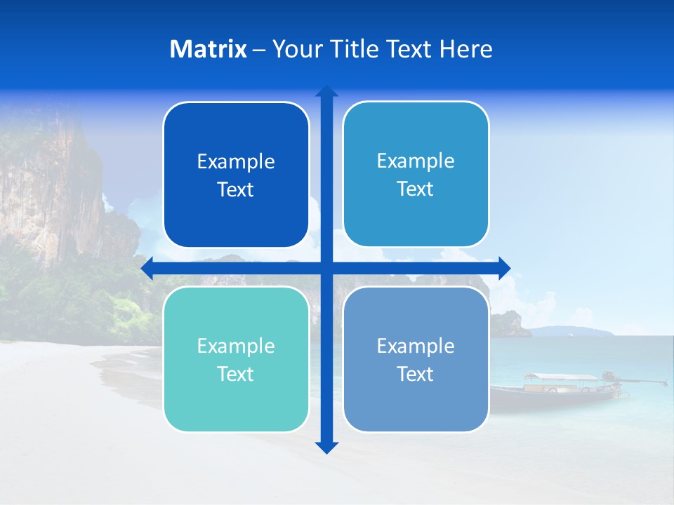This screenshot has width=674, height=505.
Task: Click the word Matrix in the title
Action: coord(208,49)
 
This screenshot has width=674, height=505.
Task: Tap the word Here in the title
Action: coord(465,49)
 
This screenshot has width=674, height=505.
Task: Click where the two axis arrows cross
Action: coord(326,268)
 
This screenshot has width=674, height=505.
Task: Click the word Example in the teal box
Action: coord(236,346)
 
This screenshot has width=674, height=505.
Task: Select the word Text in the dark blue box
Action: coord(236,189)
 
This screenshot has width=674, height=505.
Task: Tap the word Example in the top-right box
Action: coord(416,161)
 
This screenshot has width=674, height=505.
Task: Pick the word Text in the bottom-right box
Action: coord(416,374)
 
